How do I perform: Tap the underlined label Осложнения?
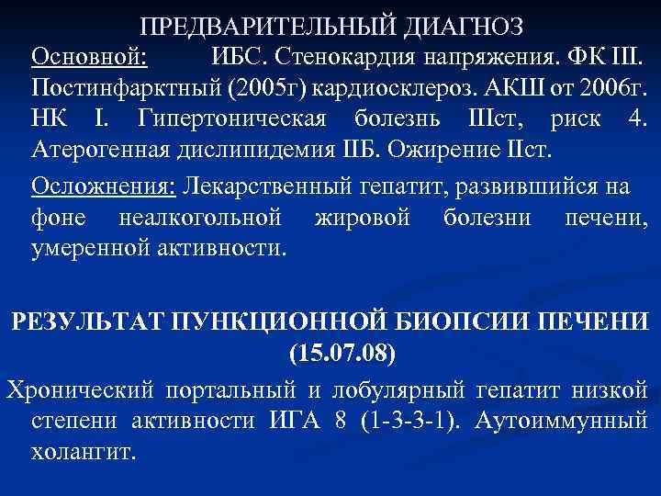pos(104,186)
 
